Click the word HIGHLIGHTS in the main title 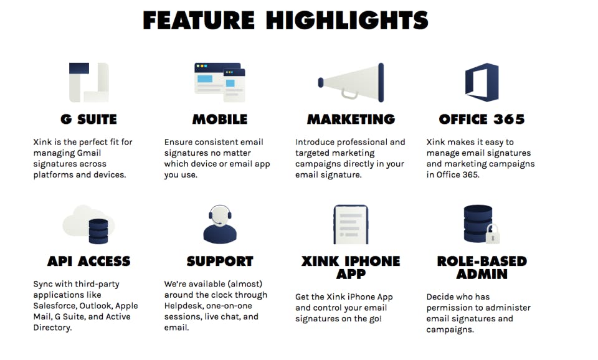pyautogui.click(x=347, y=20)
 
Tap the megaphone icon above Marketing pyautogui.click(x=351, y=82)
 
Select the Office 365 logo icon pyautogui.click(x=482, y=82)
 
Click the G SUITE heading pyautogui.click(x=88, y=120)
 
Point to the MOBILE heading pyautogui.click(x=220, y=120)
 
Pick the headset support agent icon pyautogui.click(x=220, y=224)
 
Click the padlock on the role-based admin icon pyautogui.click(x=492, y=235)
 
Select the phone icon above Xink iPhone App pyautogui.click(x=351, y=224)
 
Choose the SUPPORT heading pyautogui.click(x=220, y=261)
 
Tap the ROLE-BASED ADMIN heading pyautogui.click(x=482, y=267)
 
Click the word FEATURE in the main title pyautogui.click(x=199, y=20)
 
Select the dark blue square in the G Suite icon pyautogui.click(x=79, y=69)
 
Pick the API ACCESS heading pyautogui.click(x=89, y=261)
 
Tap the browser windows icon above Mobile pyautogui.click(x=220, y=82)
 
